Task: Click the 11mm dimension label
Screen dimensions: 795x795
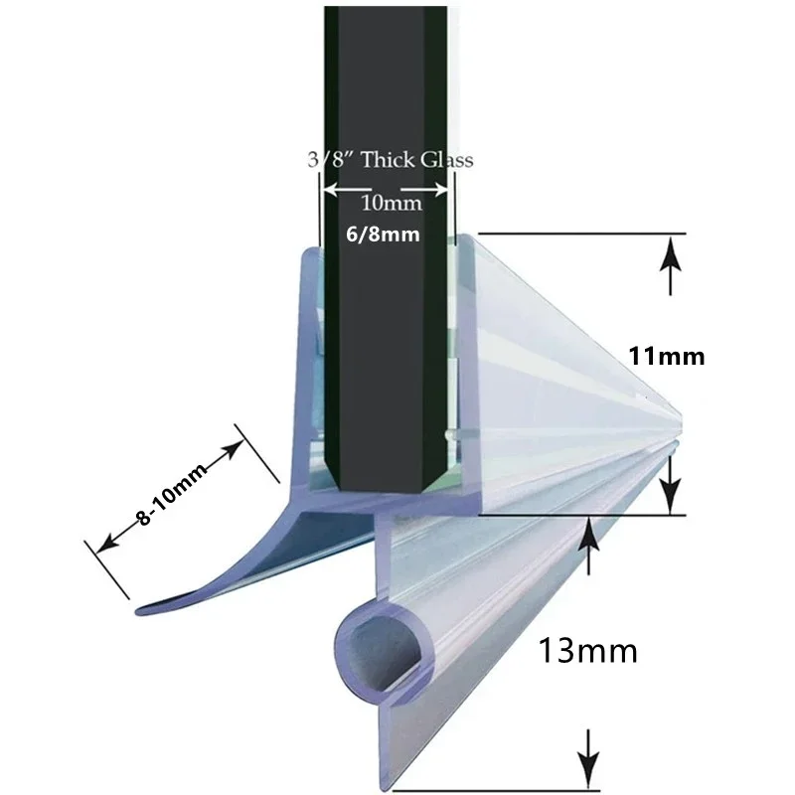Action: pos(667,357)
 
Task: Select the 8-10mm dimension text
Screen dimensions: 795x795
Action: pos(171,494)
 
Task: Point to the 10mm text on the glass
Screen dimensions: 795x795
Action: pos(391,204)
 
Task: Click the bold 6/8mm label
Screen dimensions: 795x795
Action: pos(383,235)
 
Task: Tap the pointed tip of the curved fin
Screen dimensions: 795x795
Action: pos(137,611)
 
